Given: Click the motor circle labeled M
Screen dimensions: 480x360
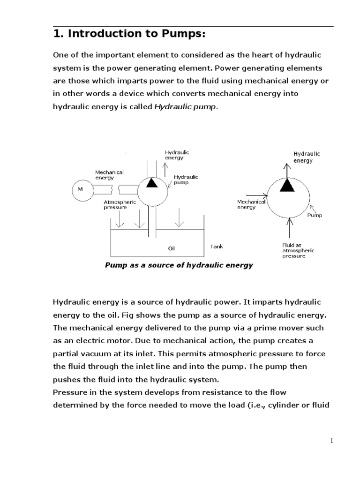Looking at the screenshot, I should pos(78,189).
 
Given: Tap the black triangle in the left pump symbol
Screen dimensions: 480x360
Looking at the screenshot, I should pos(151,183).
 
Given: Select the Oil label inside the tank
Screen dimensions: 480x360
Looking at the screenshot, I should pos(172,248).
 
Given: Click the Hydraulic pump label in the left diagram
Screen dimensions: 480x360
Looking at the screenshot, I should pos(186,180).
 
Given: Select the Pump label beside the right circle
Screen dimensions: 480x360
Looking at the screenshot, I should pos(315,216).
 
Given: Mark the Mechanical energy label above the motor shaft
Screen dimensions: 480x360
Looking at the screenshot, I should pos(109,175).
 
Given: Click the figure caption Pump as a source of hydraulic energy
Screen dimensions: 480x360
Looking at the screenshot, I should pos(179,265).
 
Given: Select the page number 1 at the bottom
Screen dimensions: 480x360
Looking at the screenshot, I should pos(331,441).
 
